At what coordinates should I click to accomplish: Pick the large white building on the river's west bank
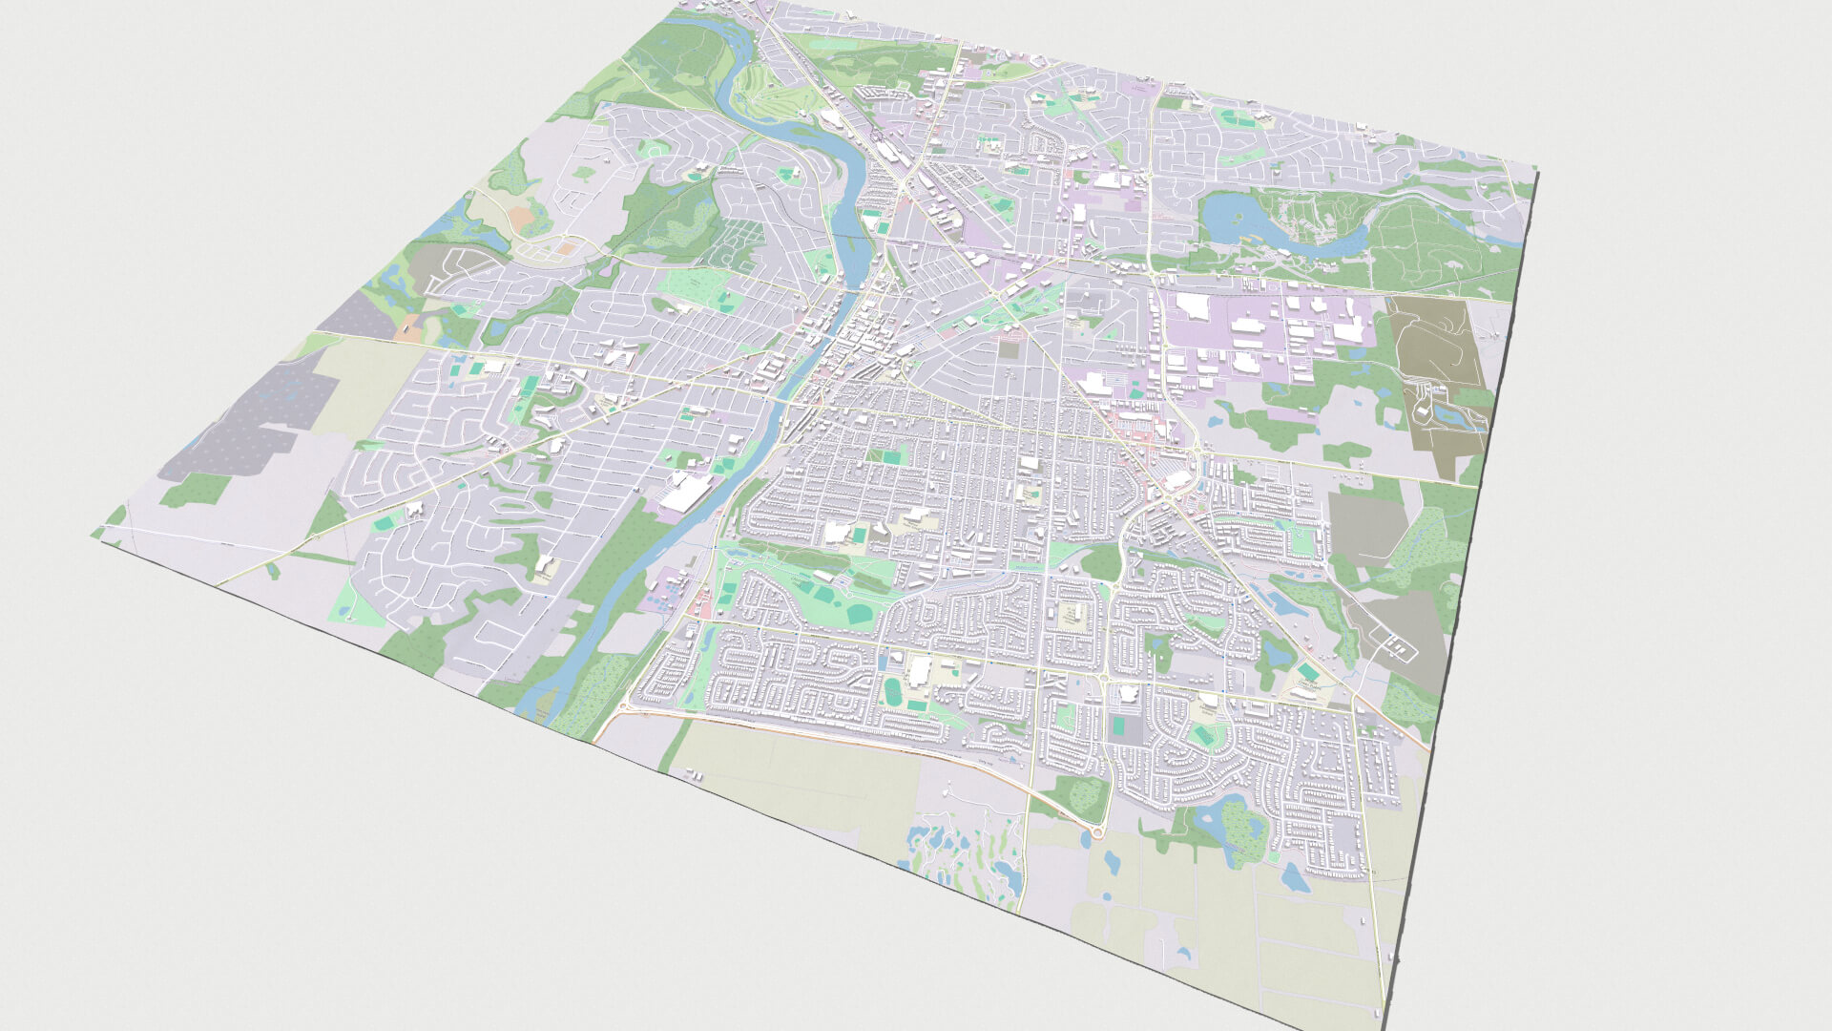click(688, 492)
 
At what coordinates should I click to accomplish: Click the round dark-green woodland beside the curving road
click(1104, 563)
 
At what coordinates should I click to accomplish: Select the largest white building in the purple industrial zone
click(1193, 305)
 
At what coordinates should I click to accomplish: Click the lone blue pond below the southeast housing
click(1295, 877)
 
